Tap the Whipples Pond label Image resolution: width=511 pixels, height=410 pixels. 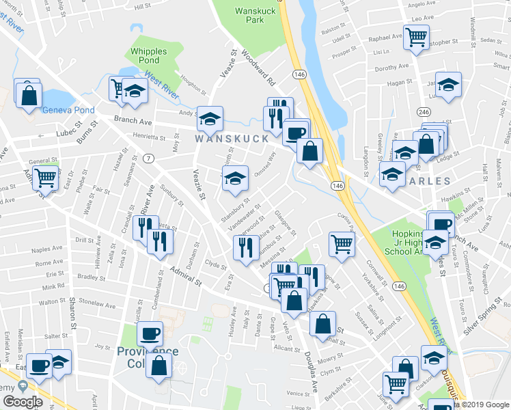(153, 56)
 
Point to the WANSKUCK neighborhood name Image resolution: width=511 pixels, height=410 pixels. (232, 138)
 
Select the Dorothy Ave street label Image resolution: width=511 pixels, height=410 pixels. (391, 68)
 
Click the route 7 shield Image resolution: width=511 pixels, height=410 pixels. (148, 159)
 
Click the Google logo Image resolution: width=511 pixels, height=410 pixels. (23, 401)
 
